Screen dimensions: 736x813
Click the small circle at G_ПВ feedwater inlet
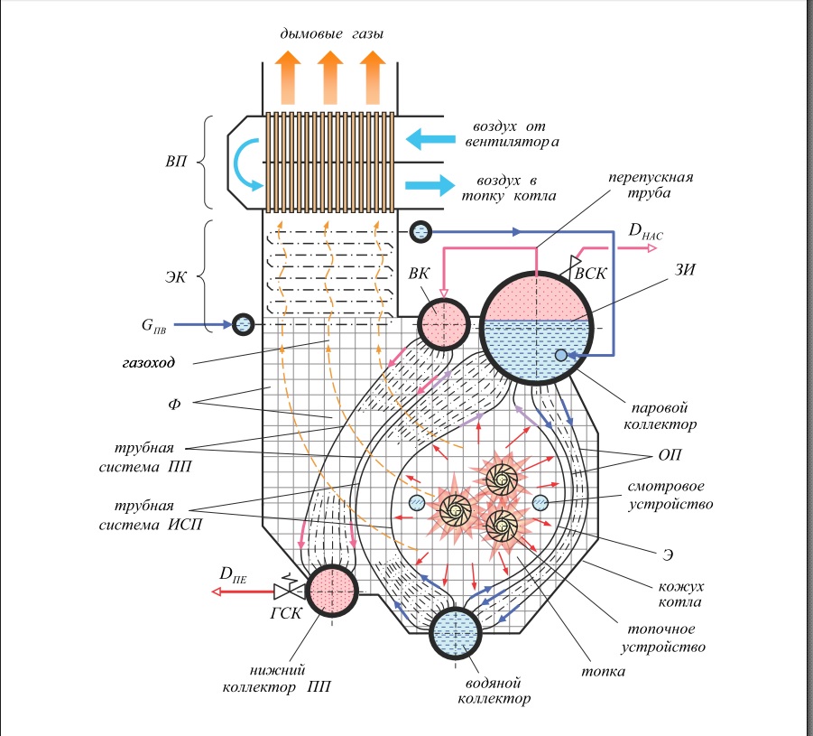(244, 323)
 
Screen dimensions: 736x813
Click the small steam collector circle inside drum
(561, 356)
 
